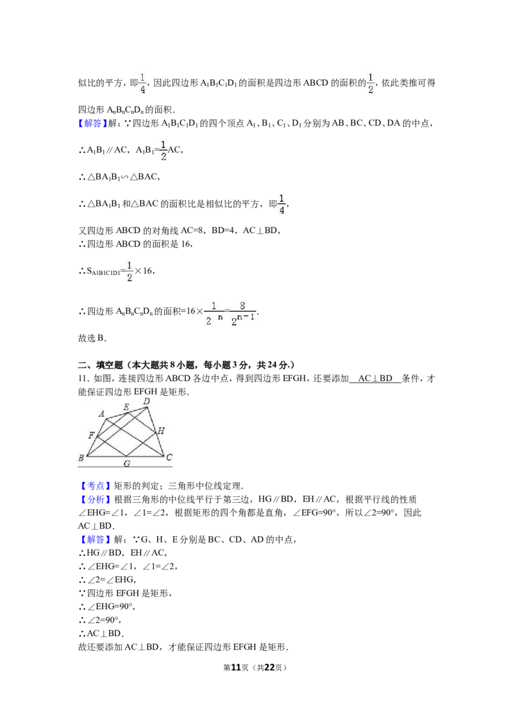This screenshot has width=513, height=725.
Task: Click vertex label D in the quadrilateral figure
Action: (147, 402)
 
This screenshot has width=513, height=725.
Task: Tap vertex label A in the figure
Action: (102, 414)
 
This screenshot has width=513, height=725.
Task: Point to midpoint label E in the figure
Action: (126, 407)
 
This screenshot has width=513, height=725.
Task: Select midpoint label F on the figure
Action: (91, 436)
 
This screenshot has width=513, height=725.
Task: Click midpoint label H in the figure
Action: (161, 431)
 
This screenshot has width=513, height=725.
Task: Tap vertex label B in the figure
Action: (81, 458)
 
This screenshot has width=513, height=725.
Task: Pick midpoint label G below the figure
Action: (127, 463)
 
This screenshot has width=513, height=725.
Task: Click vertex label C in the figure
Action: (169, 457)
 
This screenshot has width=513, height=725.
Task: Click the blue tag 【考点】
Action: (96, 486)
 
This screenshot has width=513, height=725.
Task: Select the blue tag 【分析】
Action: (96, 500)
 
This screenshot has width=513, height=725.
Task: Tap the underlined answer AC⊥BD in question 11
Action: (375, 379)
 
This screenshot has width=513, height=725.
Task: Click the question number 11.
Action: (83, 379)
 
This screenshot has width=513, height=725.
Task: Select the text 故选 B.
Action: (92, 338)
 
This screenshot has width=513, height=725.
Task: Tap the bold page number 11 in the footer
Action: (236, 667)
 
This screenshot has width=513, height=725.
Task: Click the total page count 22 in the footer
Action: (269, 667)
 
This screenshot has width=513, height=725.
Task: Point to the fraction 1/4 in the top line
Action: (142, 83)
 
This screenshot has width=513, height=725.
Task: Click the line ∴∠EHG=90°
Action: (107, 607)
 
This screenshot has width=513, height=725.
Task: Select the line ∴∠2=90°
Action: (100, 620)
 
